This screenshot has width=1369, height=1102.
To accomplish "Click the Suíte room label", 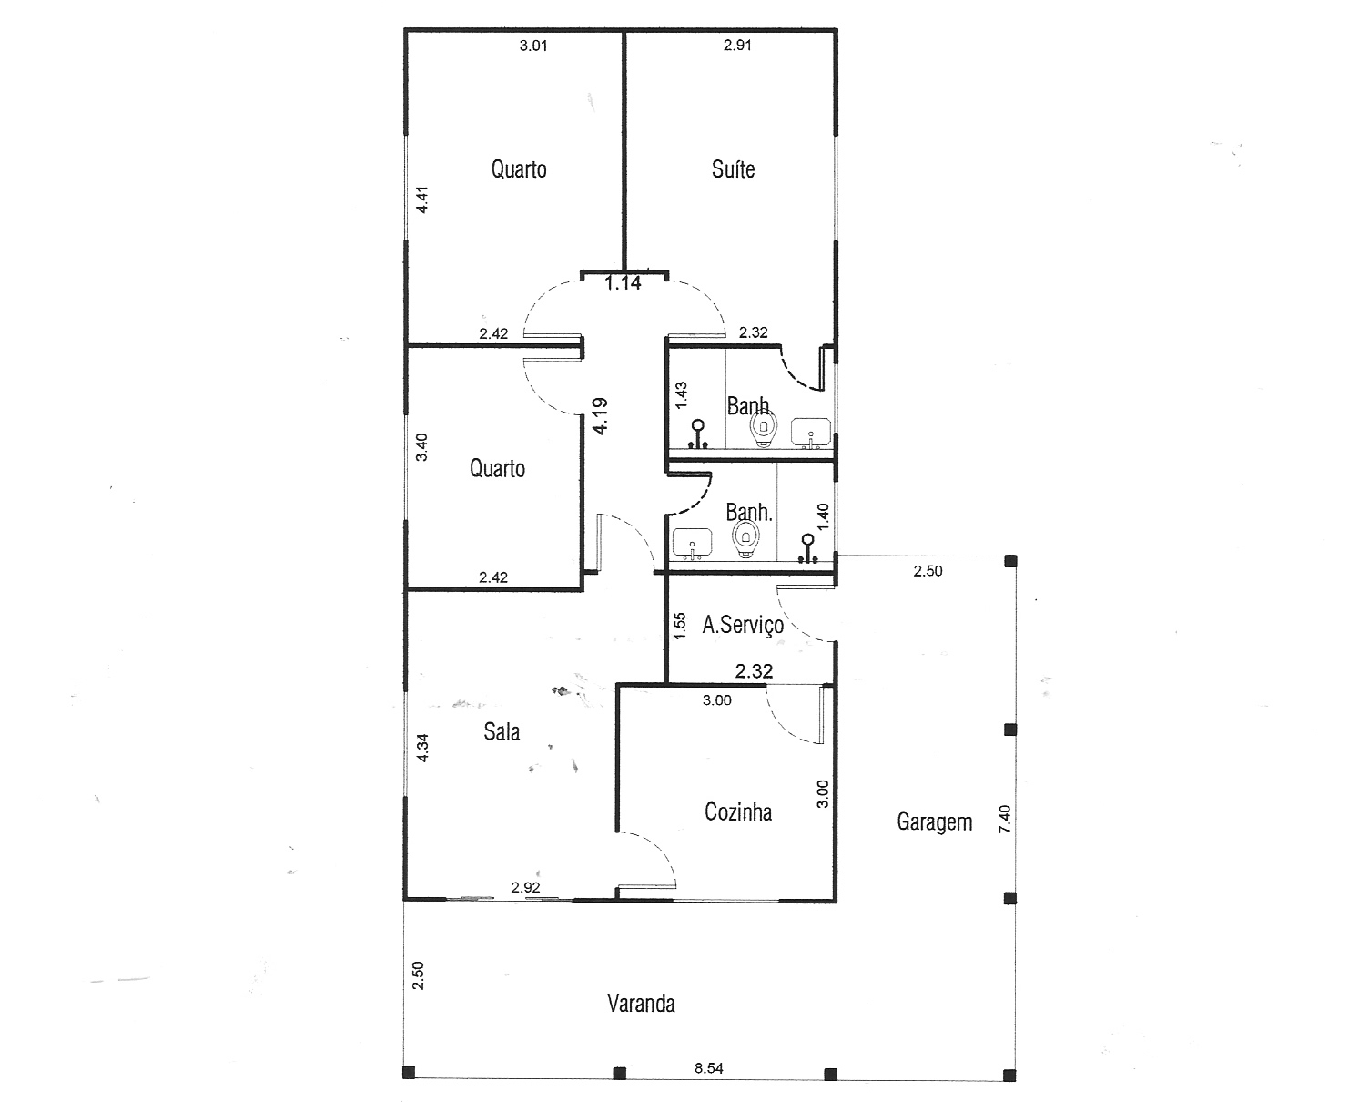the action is (733, 169).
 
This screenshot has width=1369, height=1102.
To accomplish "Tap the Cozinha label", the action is (738, 811).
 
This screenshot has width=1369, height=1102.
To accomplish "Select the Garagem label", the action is (935, 821).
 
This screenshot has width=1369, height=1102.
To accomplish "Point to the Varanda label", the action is (641, 1004).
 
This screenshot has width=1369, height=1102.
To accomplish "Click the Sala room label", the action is (502, 731).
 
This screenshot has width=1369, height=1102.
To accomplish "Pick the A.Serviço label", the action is (743, 625).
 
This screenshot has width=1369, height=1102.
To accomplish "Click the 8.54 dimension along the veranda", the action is (709, 1068).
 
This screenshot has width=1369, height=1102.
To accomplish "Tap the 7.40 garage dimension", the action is (1005, 819).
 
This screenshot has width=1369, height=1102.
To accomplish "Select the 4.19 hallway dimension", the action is (600, 416).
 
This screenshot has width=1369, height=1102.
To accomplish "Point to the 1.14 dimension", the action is (623, 282).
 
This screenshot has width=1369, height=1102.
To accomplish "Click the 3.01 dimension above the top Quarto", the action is (533, 46).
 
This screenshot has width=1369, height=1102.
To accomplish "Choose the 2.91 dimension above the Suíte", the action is (737, 46).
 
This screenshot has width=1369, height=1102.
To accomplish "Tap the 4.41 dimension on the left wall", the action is (422, 199).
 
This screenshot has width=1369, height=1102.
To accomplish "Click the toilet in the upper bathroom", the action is (764, 427).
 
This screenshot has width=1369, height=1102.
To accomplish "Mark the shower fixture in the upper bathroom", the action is (698, 434).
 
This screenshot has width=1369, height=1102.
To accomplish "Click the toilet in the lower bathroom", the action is (746, 538).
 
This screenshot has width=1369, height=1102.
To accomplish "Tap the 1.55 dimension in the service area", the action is (680, 626).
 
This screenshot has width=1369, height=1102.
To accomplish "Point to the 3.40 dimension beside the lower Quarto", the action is (421, 447).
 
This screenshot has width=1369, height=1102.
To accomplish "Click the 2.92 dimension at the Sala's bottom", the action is (525, 887).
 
